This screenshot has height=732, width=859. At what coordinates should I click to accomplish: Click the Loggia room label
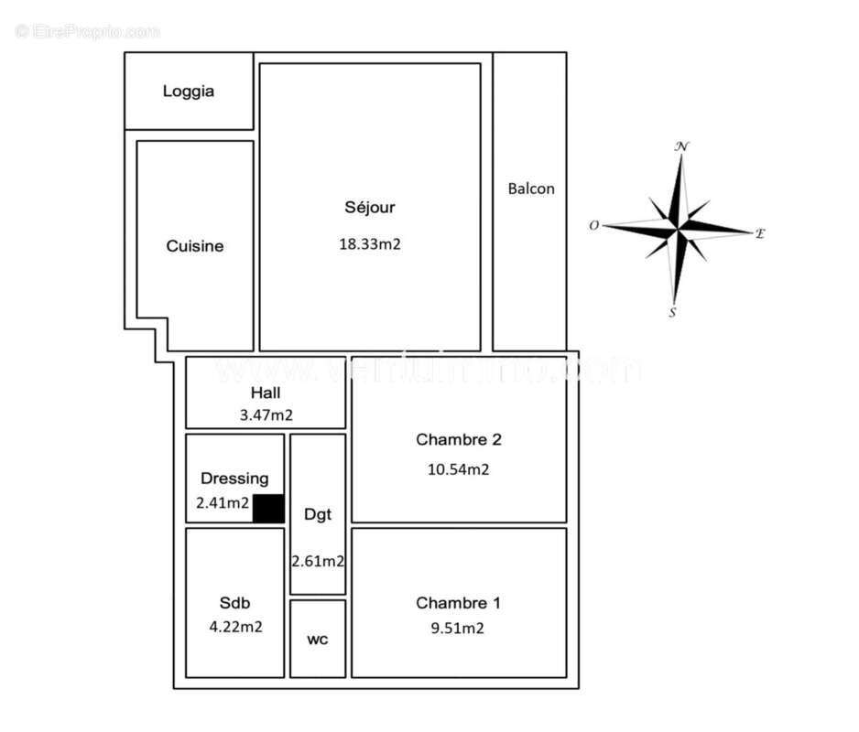[189, 91]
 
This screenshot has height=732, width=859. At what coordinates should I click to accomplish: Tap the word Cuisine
[194, 246]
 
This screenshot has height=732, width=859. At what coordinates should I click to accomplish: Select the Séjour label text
[369, 208]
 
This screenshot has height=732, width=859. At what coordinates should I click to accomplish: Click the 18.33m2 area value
[369, 244]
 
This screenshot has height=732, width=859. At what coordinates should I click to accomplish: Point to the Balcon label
[531, 188]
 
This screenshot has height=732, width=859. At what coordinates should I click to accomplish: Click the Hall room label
[266, 393]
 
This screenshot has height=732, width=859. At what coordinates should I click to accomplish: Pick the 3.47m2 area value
[266, 415]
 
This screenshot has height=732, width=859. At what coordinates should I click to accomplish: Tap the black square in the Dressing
[268, 508]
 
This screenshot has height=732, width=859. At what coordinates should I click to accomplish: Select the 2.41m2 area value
[223, 502]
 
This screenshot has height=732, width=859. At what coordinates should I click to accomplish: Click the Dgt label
[318, 514]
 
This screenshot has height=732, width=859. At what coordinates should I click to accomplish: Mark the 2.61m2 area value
[318, 561]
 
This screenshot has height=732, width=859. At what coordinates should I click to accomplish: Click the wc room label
[317, 640]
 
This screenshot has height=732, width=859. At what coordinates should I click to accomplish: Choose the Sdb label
[234, 603]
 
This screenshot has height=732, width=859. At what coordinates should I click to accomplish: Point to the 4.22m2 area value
[235, 628]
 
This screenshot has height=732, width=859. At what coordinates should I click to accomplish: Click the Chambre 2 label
[459, 439]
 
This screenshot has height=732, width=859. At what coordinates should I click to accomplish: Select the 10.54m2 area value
[459, 469]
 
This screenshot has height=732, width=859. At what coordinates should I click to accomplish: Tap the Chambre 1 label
[458, 603]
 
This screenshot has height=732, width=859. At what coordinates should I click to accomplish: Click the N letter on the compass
[681, 145]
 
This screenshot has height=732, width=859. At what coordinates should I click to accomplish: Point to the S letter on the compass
[673, 313]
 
